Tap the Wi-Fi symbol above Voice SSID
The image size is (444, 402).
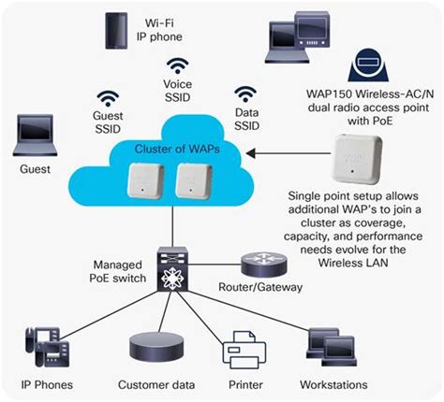178,65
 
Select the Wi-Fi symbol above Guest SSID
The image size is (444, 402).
110,97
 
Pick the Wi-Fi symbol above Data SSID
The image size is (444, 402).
245,94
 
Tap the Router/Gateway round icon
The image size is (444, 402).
258,263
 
